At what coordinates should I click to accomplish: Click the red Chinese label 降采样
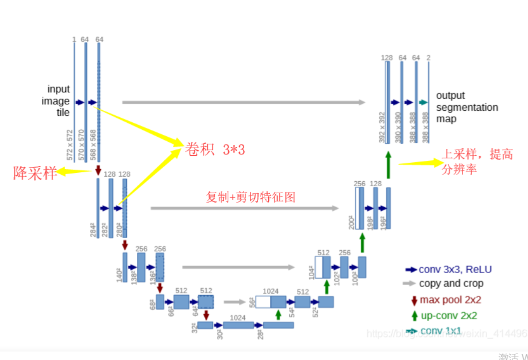pyautogui.click(x=35, y=173)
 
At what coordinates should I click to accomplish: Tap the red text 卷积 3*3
pyautogui.click(x=215, y=149)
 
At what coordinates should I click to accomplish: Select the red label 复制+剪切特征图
pyautogui.click(x=251, y=197)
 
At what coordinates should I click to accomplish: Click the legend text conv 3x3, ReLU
pyautogui.click(x=455, y=270)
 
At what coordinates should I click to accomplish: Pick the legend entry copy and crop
pyautogui.click(x=451, y=284)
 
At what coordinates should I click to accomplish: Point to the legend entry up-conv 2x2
pyautogui.click(x=448, y=316)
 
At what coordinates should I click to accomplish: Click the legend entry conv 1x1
pyautogui.click(x=441, y=331)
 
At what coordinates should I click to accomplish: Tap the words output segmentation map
pyautogui.click(x=467, y=107)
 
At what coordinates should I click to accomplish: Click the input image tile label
pyautogui.click(x=58, y=101)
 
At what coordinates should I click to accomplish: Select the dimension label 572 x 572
pyautogui.click(x=69, y=145)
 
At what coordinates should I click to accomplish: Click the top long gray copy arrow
pyautogui.click(x=244, y=102)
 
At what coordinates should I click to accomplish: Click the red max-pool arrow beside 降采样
pyautogui.click(x=98, y=170)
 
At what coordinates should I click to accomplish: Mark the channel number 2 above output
pyautogui.click(x=428, y=58)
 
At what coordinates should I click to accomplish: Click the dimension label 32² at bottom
pyautogui.click(x=194, y=328)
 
